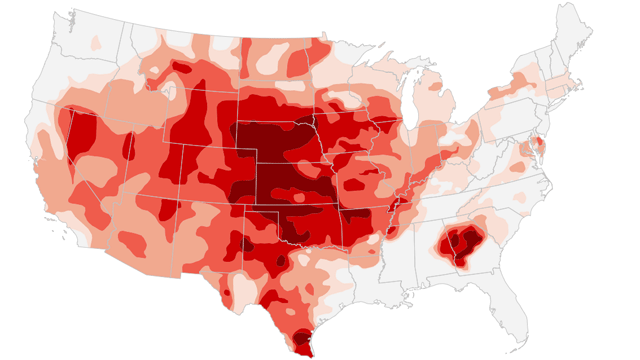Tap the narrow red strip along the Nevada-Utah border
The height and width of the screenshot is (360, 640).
(127, 145)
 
